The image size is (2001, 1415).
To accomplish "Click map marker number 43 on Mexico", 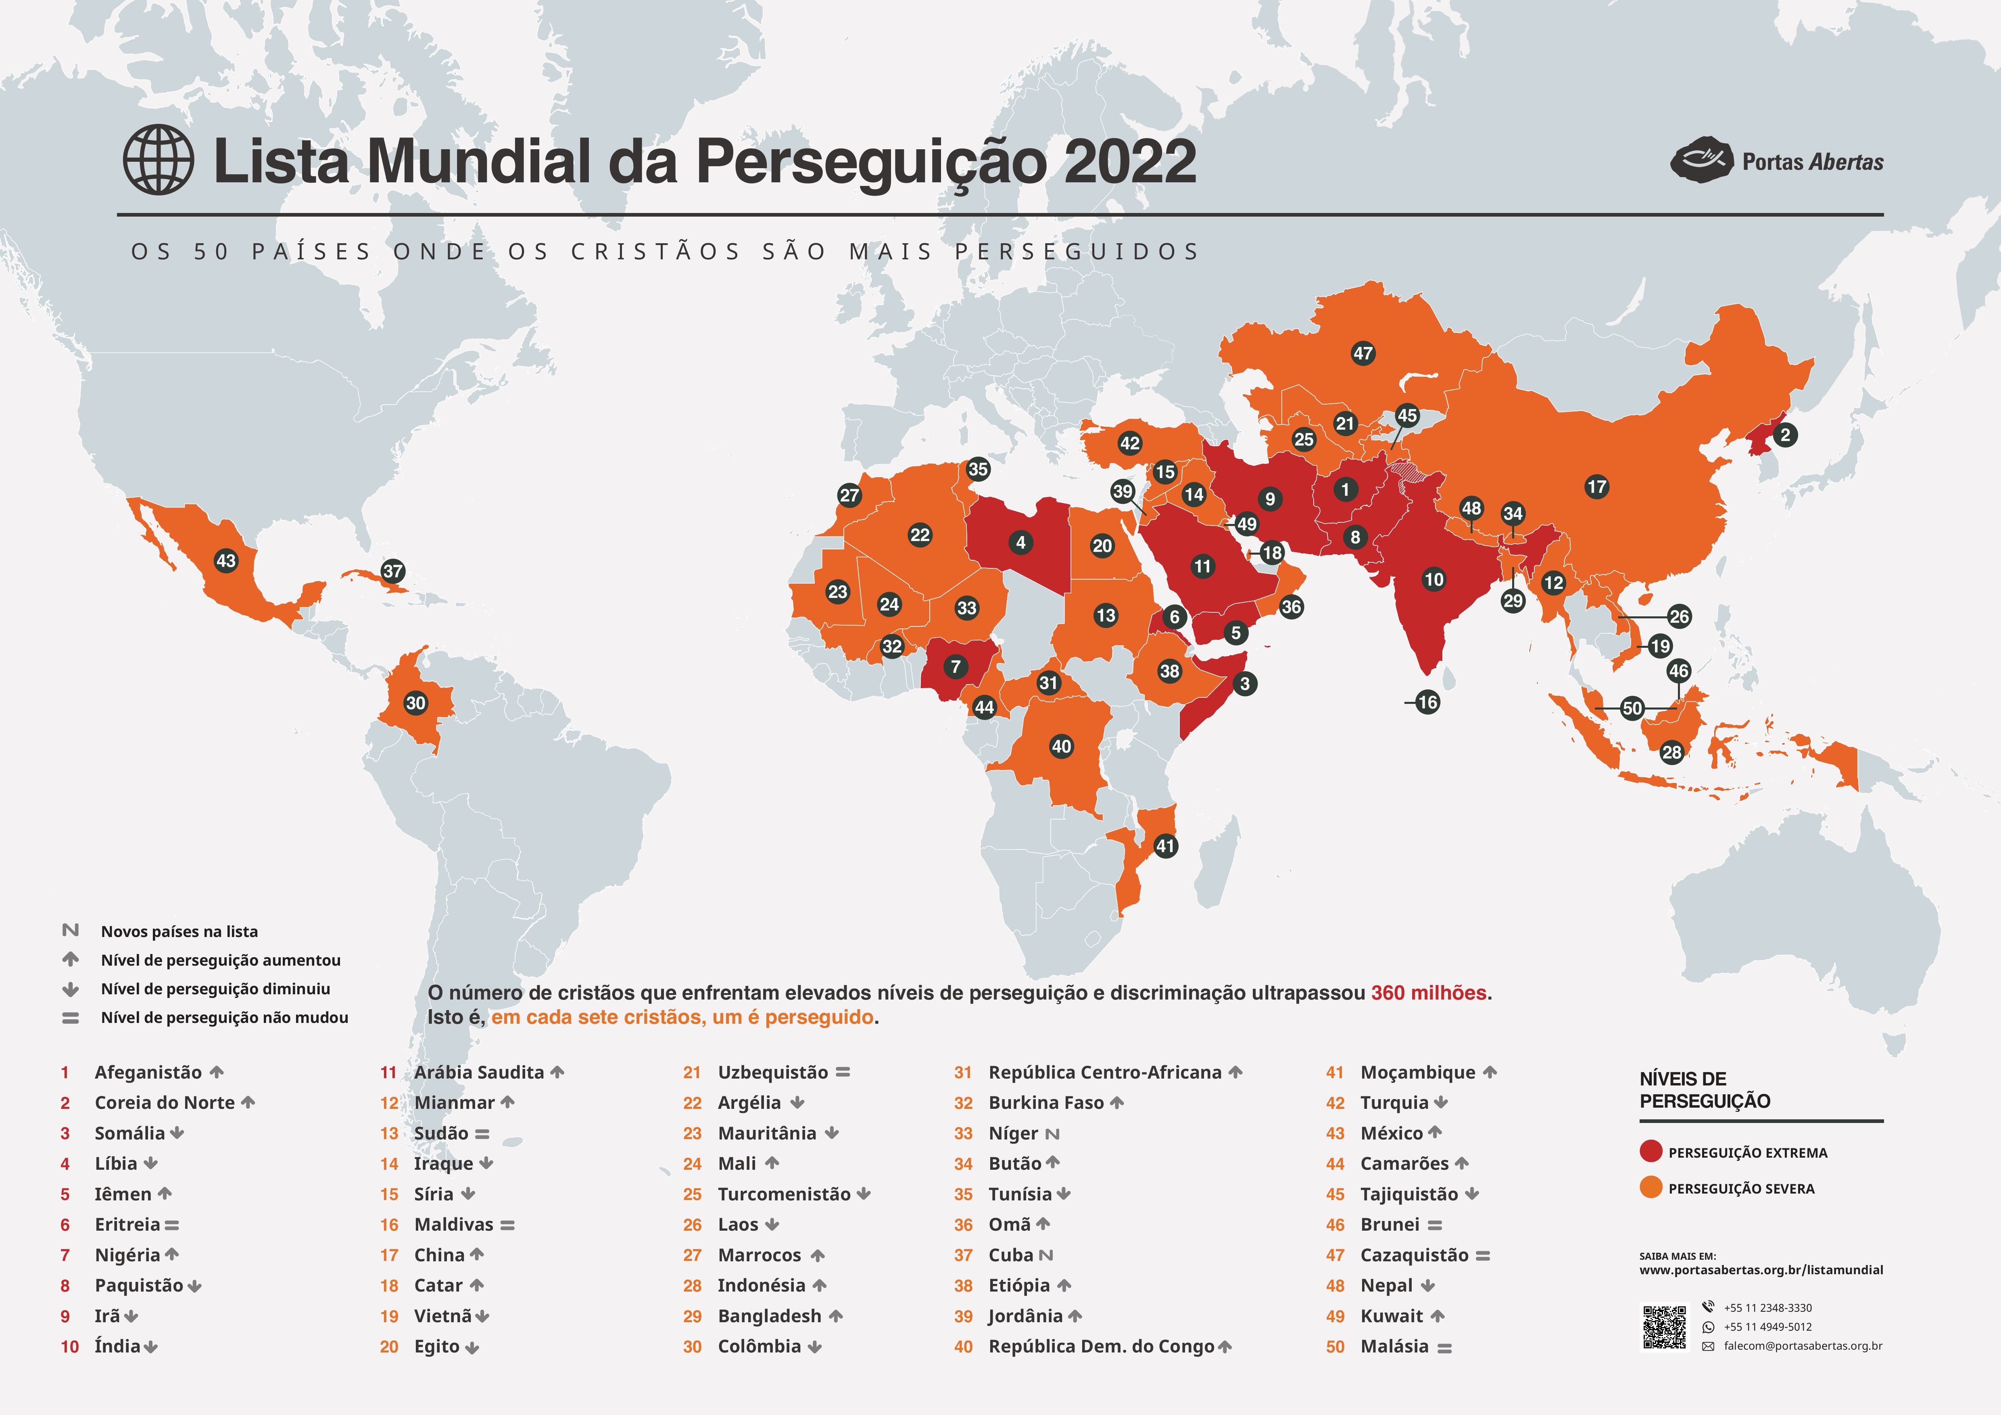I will coord(226,560).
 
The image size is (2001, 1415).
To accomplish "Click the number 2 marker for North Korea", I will coord(1785,435).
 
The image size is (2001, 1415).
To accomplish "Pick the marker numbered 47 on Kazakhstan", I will coord(1363,353).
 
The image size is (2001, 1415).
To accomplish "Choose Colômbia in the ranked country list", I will coord(759,1346).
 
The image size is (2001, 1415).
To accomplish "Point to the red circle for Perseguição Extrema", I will coord(1650,1152).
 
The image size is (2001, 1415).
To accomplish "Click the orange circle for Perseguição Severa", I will coord(1650,1188).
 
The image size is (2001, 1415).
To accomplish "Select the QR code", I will coord(1665,1327).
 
